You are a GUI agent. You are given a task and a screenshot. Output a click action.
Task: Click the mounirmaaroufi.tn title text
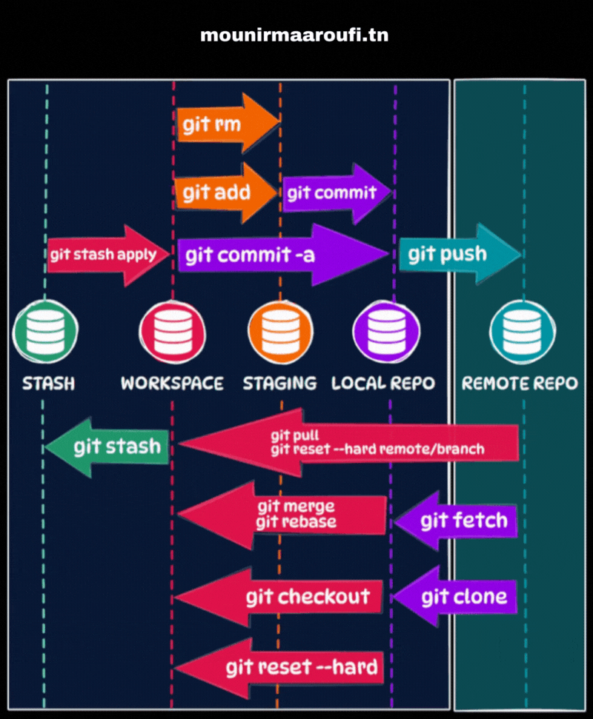(294, 35)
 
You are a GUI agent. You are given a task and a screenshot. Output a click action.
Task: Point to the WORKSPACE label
(172, 384)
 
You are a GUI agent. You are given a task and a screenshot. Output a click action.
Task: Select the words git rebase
(296, 521)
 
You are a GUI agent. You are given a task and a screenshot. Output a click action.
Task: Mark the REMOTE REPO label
(520, 384)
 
